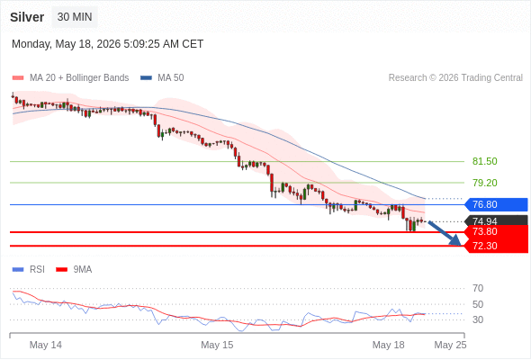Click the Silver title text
(x=27, y=17)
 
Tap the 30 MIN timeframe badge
(x=75, y=17)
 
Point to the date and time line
(x=107, y=44)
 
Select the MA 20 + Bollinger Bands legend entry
(x=70, y=78)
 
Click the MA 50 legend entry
(x=162, y=78)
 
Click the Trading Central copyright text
(x=455, y=78)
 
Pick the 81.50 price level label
(x=484, y=161)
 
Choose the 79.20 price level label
(x=484, y=183)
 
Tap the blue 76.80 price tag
(x=496, y=204)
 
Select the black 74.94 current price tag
(x=496, y=220)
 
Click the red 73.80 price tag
(x=496, y=231)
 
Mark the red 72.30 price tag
(x=496, y=246)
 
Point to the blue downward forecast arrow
(x=445, y=233)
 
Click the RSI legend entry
(x=29, y=270)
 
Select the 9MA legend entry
(x=74, y=270)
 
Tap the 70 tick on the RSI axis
(x=478, y=288)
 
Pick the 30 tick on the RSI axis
(x=478, y=319)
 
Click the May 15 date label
(x=217, y=345)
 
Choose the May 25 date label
(x=450, y=345)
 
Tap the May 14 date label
(x=46, y=345)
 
